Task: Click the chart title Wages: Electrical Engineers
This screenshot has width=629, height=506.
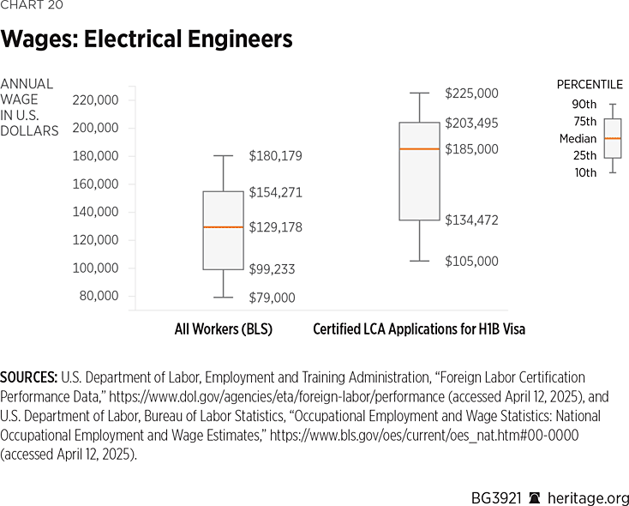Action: (147, 39)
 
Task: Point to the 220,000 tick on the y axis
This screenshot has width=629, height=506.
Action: (96, 100)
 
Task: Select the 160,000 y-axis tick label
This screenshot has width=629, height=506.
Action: (96, 184)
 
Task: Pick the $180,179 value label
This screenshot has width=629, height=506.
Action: (275, 156)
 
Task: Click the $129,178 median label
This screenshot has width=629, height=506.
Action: (275, 227)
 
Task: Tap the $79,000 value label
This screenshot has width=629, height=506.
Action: (272, 298)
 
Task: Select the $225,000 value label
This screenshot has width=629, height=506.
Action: (471, 93)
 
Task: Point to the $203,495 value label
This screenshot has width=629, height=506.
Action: (471, 123)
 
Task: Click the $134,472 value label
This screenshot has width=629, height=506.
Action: (471, 220)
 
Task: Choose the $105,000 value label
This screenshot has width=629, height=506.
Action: (471, 262)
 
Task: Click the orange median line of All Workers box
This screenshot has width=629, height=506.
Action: (223, 226)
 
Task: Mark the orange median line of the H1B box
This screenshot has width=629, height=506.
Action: (419, 149)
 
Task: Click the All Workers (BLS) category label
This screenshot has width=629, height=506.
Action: (223, 329)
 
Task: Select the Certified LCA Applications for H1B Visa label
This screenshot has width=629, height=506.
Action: (419, 329)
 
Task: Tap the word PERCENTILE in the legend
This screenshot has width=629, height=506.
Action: (590, 84)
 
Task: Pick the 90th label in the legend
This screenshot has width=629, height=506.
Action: (584, 105)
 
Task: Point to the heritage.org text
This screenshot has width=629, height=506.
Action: (590, 498)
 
